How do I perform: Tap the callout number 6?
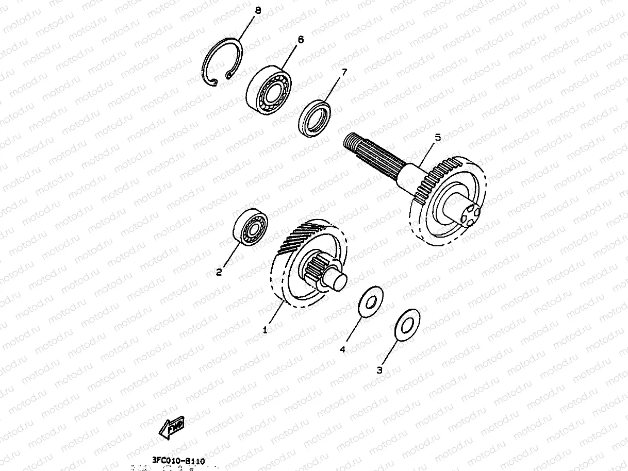[301, 39]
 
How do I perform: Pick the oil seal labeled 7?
[315, 119]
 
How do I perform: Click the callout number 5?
[438, 138]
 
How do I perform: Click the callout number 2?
[219, 272]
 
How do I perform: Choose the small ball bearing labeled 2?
[251, 226]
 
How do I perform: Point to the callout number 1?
[265, 330]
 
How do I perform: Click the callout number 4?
[342, 349]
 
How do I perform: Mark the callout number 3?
[379, 369]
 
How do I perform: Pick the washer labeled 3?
[407, 325]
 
